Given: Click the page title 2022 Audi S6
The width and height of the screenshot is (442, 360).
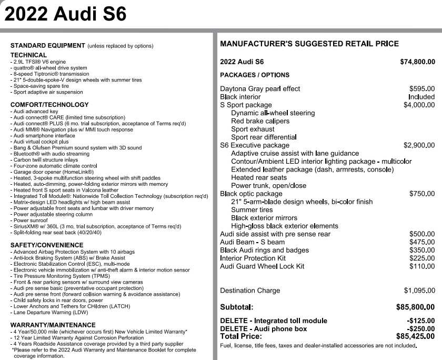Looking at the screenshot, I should (x=65, y=14).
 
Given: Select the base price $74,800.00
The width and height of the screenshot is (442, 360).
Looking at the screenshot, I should (x=417, y=62).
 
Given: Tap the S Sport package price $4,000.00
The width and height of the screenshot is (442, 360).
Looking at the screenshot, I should (x=419, y=105).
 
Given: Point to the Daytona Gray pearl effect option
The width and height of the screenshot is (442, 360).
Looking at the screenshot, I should (x=260, y=89).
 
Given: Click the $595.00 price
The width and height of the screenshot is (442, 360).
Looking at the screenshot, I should (x=422, y=89).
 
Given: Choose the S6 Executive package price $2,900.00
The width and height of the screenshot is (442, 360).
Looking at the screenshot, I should (x=419, y=145).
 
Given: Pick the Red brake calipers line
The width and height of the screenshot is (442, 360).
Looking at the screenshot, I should (x=260, y=121).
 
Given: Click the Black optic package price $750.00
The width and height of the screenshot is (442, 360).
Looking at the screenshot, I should (x=422, y=194).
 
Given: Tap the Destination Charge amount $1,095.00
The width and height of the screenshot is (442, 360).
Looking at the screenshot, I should (x=419, y=291).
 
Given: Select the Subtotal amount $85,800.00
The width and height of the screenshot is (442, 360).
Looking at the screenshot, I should (x=415, y=307).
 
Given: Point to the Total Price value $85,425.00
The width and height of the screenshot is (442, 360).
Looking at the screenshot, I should (x=415, y=336).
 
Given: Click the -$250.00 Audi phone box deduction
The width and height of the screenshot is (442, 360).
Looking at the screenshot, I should (x=420, y=328).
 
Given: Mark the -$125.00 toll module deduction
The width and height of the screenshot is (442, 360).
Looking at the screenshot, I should (x=420, y=321).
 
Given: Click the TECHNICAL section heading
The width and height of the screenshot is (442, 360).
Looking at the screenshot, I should (x=28, y=55).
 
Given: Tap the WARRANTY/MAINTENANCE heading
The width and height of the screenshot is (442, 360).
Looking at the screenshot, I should (x=53, y=325).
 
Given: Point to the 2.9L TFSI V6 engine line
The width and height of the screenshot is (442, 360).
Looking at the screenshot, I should (x=39, y=62).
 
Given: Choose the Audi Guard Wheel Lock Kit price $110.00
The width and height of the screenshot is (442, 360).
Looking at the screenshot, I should (x=422, y=266).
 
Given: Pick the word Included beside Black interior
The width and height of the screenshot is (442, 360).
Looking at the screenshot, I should (x=421, y=97).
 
